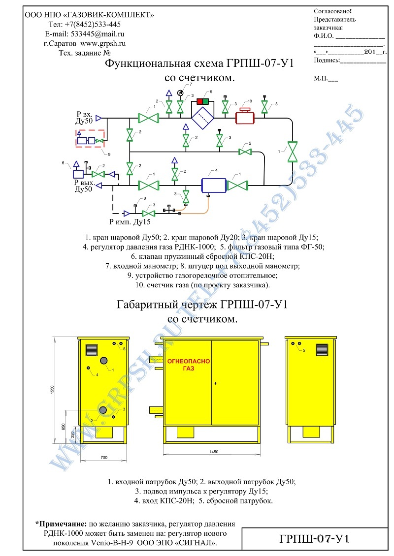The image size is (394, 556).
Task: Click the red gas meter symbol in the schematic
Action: pyautogui.click(x=245, y=116)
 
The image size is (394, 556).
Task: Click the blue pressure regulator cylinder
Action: pyautogui.click(x=214, y=185)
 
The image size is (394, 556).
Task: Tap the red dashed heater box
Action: pyautogui.click(x=90, y=138)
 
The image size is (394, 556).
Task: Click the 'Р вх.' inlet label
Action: pyautogui.click(x=85, y=114)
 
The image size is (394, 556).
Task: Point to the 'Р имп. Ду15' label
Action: pyautogui.click(x=130, y=222)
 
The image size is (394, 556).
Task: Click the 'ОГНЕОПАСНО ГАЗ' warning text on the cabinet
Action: pyautogui.click(x=189, y=365)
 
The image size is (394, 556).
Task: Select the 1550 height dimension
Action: pyautogui.click(x=53, y=390)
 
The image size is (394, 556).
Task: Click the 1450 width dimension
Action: pyautogui.click(x=214, y=452)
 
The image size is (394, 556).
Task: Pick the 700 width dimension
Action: pyautogui.click(x=103, y=458)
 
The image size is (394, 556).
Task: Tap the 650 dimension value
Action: pyautogui.click(x=63, y=426)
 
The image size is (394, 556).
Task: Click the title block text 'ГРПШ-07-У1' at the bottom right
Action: pyautogui.click(x=315, y=539)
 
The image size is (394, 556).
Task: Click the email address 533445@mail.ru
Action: pyautogui.click(x=98, y=34)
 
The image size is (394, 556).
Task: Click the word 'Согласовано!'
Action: pyautogui.click(x=332, y=11)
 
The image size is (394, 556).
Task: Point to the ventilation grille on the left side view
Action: pyautogui.click(x=92, y=350)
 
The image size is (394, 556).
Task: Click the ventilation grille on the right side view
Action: pyautogui.click(x=322, y=350)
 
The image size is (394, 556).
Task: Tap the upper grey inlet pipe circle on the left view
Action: pyautogui.click(x=103, y=361)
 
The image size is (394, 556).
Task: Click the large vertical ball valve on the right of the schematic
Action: pyautogui.click(x=292, y=152)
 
